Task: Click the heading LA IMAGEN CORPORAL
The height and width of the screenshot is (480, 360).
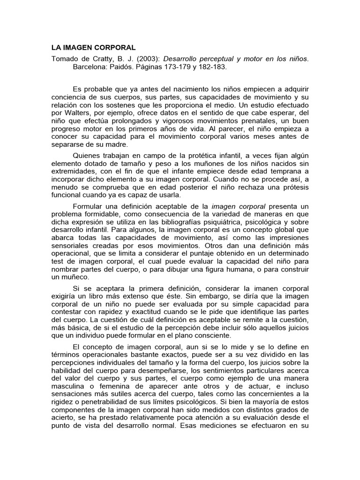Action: click(x=93, y=48)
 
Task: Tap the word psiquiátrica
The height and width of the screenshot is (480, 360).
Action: click(x=219, y=223)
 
